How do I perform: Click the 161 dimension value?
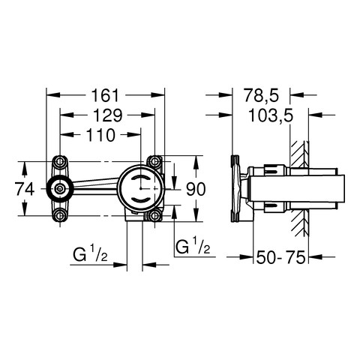pyautogui.click(x=105, y=95)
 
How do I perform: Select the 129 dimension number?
pyautogui.click(x=107, y=115)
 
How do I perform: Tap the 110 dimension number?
pyautogui.click(x=100, y=135)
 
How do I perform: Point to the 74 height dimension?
pyautogui.click(x=25, y=189)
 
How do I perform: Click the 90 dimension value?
pyautogui.click(x=196, y=189)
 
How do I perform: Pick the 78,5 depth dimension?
pyautogui.click(x=261, y=95)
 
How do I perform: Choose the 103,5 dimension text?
pyautogui.click(x=271, y=115)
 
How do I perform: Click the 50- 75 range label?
pyautogui.click(x=280, y=257)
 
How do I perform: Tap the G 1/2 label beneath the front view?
pyautogui.click(x=90, y=254)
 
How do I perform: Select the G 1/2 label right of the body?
pyautogui.click(x=193, y=246)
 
